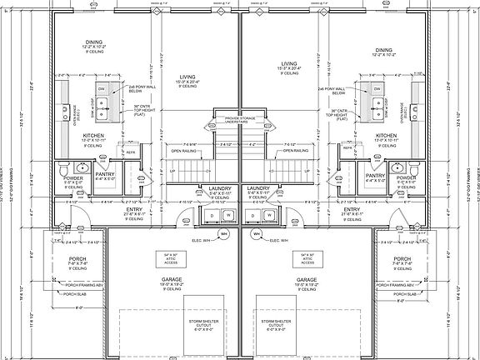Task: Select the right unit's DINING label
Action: point(383,50)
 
